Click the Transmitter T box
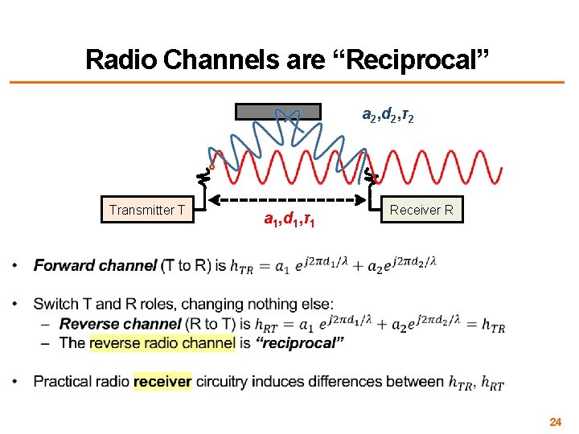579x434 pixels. [147, 211]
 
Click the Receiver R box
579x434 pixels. [421, 211]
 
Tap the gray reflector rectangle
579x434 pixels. [278, 112]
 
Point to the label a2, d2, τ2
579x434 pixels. [388, 116]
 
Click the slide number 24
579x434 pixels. [555, 421]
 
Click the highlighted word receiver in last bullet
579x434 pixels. [162, 382]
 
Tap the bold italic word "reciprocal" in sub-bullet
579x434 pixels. [301, 343]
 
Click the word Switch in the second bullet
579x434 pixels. [53, 304]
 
